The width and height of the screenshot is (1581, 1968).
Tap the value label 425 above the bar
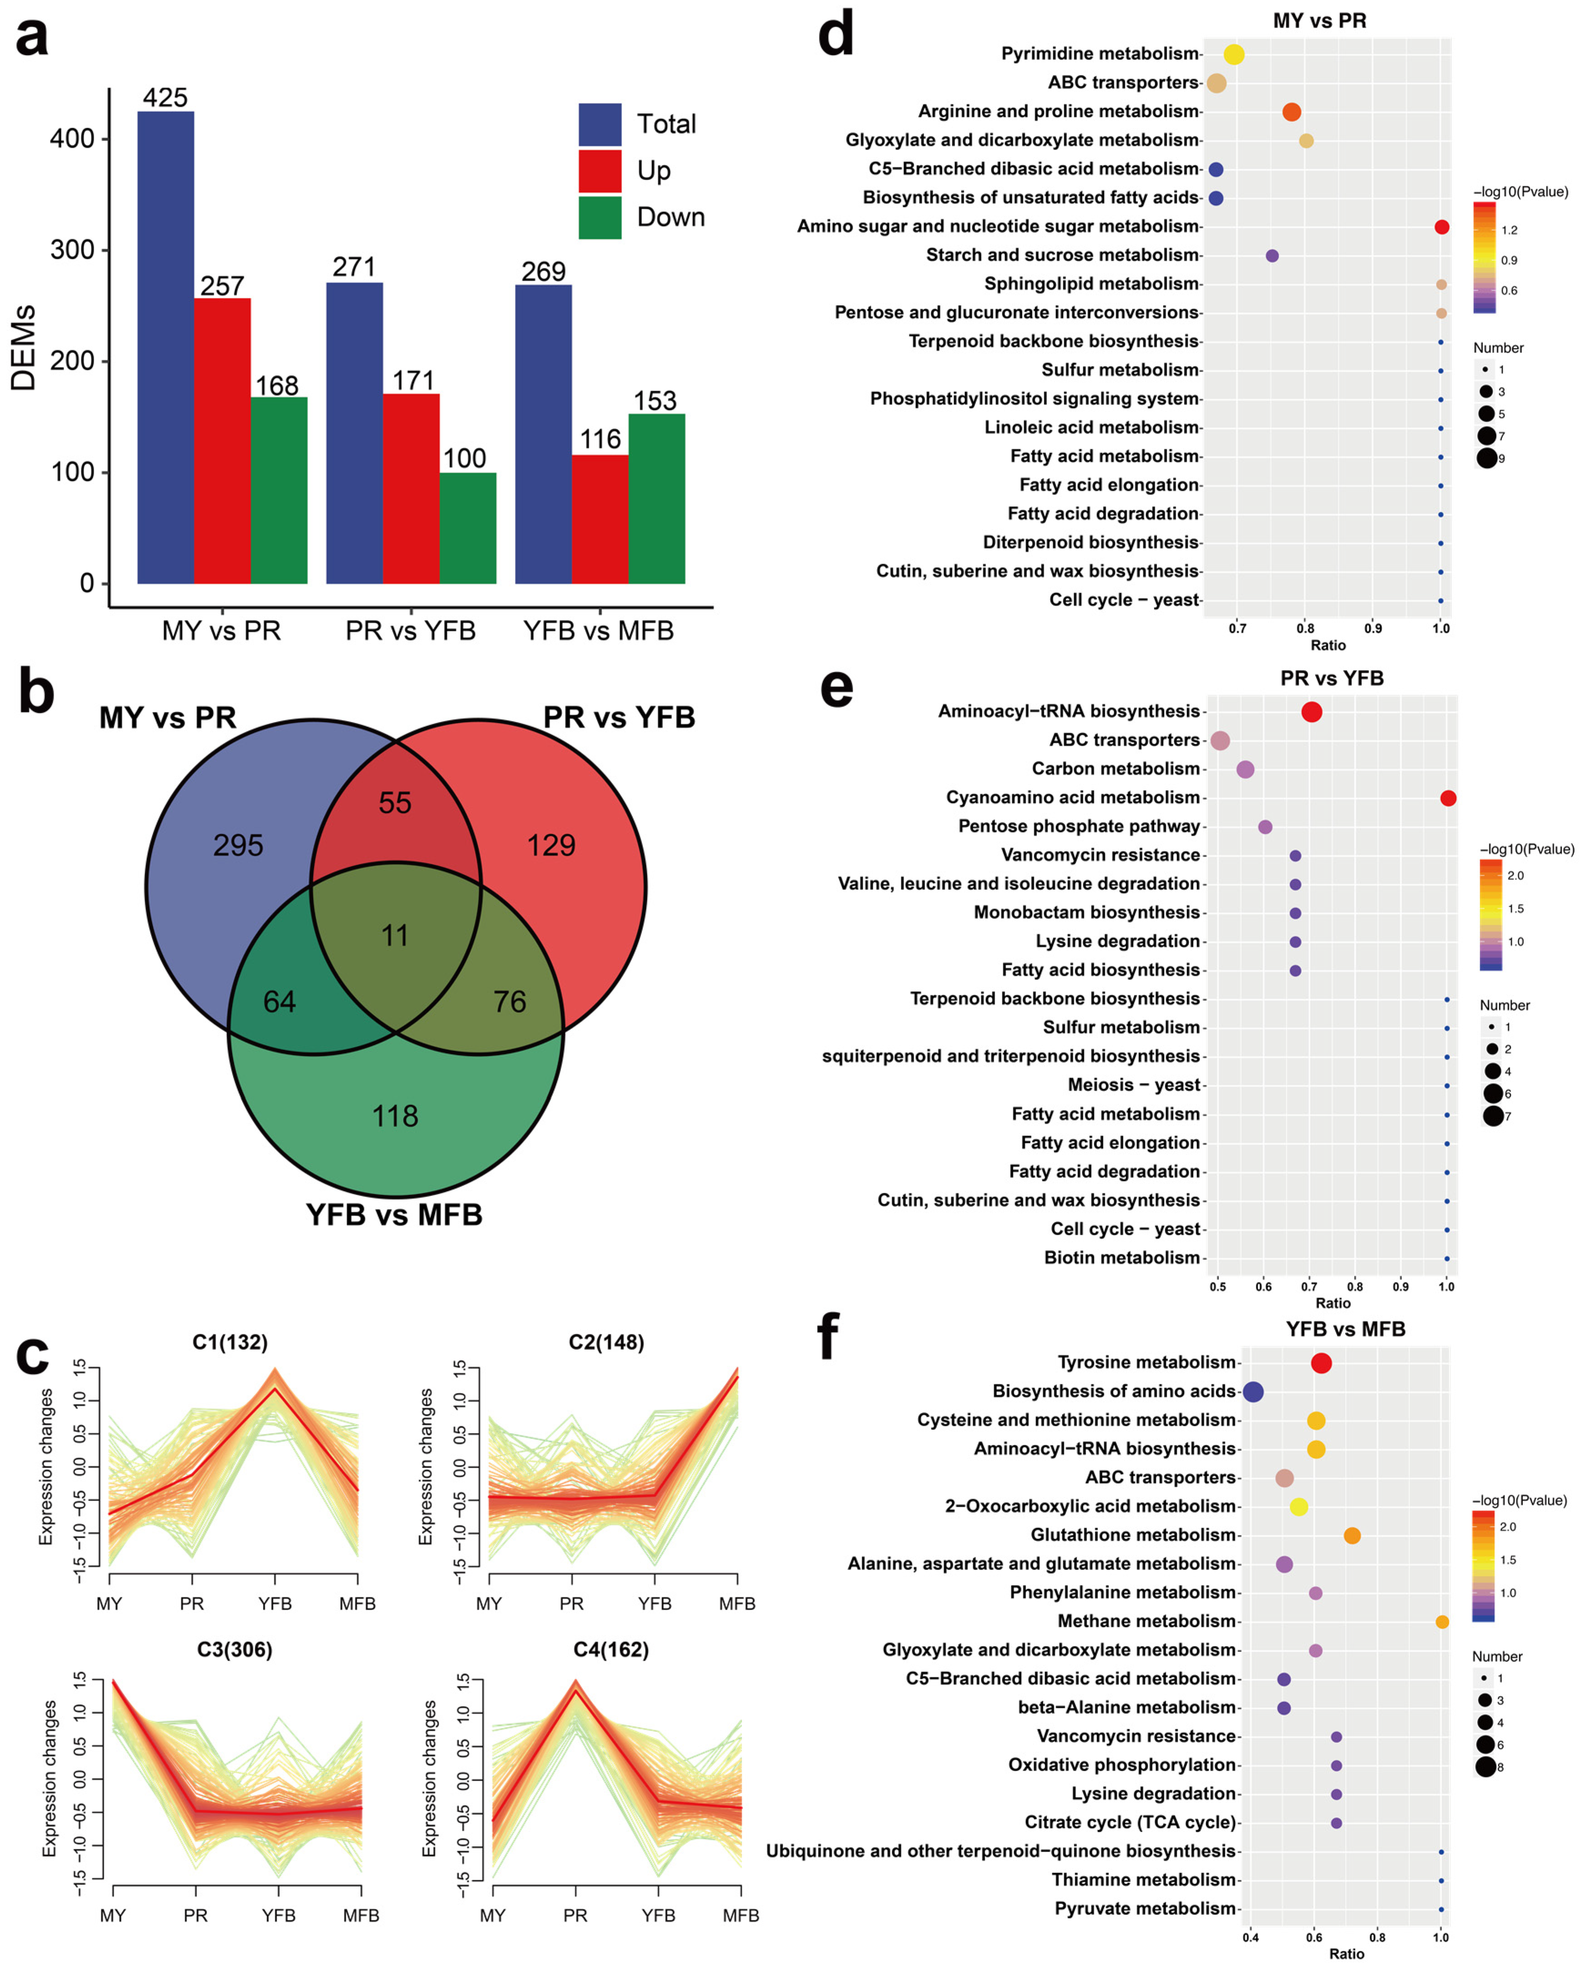165,98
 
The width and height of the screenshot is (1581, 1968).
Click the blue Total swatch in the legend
600,124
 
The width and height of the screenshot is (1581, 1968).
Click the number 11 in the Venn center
395,936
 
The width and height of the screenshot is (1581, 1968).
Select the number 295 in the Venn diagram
238,845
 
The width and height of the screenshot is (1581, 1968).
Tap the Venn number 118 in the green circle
395,1115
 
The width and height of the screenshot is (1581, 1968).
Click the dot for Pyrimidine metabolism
1234,55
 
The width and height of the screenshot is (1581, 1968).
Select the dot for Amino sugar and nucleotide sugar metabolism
1441,227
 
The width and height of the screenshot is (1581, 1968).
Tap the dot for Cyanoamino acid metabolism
1448,799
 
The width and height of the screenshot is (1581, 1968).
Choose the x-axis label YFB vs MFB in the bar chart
599,631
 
